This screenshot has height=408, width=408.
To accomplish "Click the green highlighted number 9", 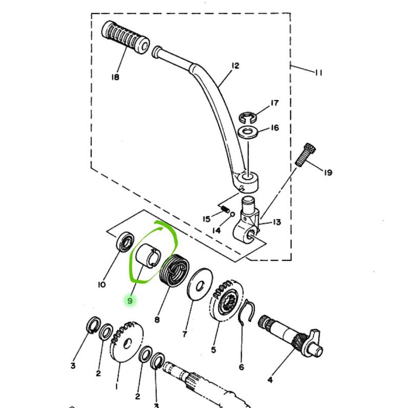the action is coord(130,301).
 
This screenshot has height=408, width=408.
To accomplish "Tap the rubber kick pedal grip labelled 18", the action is coord(125,37).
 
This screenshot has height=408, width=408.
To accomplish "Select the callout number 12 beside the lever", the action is coord(235,66).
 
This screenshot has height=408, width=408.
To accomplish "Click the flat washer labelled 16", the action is coord(248,132).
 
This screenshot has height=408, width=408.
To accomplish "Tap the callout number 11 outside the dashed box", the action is coord(318,72).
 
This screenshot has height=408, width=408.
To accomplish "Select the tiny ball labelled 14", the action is coord(233,214).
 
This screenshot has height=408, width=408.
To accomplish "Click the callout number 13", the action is coord(277,222).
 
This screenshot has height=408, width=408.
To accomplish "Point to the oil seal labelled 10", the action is coord(125,242).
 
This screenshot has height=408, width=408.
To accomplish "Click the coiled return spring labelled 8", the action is coord(175,271).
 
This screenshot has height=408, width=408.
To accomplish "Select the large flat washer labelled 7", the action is coord(200,285).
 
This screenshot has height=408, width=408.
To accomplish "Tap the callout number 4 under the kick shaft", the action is coord(270,380).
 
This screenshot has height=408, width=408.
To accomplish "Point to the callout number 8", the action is coord(157,319).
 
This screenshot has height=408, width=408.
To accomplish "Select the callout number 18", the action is coord(115,77).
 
